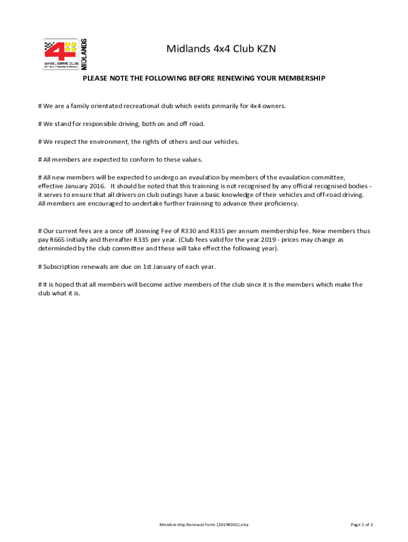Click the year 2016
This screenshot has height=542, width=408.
pos(95,186)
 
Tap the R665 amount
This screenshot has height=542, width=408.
pos(57,240)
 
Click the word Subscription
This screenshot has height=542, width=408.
pos(63,266)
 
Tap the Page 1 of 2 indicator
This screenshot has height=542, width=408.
pos(362,525)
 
